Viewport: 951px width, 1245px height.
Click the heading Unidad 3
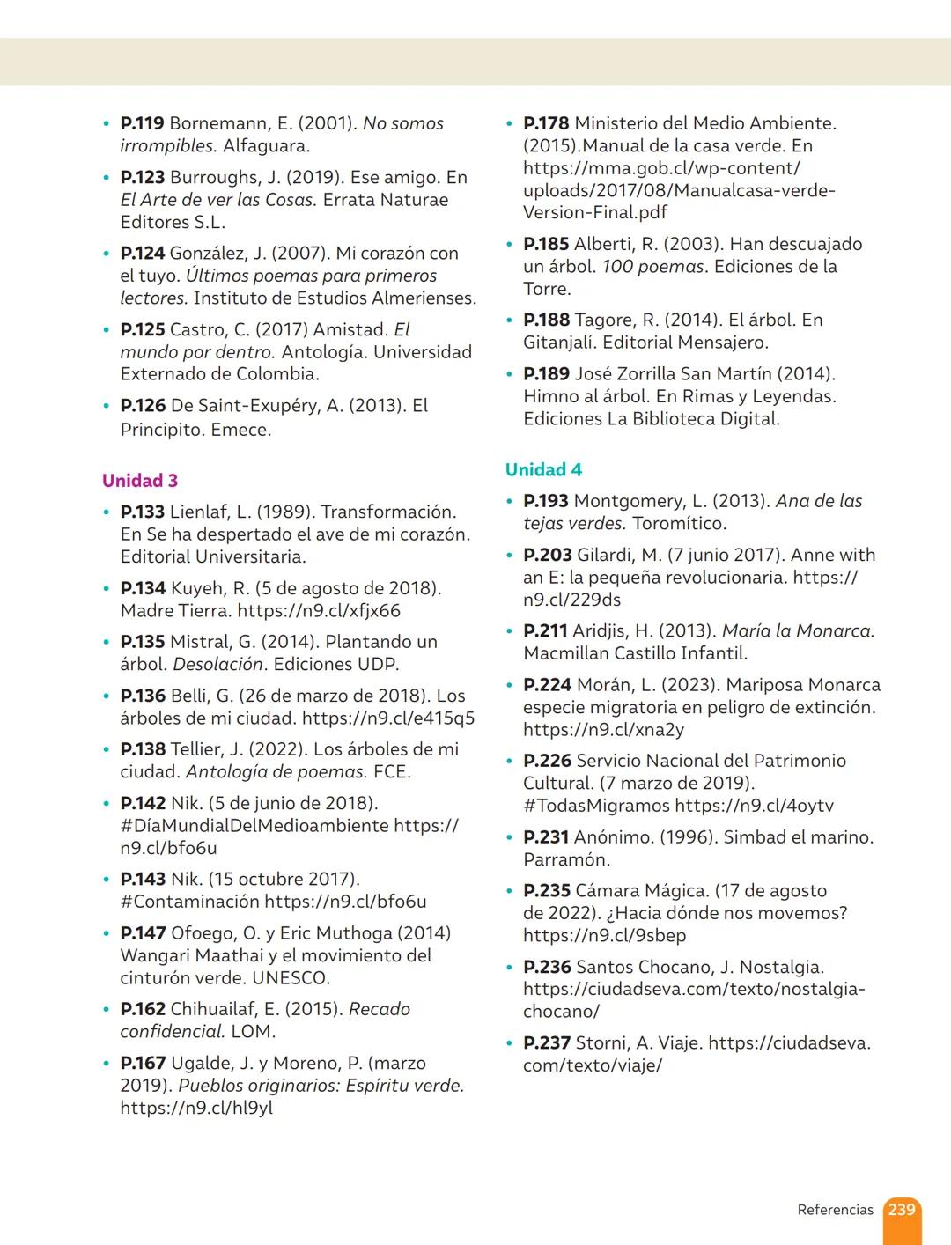(x=140, y=481)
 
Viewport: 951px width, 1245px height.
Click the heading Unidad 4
(x=543, y=470)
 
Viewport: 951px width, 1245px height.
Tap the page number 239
(x=901, y=1210)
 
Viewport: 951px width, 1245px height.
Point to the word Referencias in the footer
(x=835, y=1210)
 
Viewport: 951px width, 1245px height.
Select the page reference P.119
(x=142, y=124)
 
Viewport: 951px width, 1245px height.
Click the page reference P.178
(x=546, y=124)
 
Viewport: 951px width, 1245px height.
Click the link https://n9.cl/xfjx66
(x=319, y=611)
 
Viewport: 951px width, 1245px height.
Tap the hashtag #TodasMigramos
(x=596, y=806)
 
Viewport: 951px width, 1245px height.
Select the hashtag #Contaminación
(x=189, y=902)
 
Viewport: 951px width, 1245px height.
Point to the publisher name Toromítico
(x=679, y=524)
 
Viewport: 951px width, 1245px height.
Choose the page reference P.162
(x=143, y=1009)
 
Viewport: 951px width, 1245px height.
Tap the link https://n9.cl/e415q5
(x=387, y=718)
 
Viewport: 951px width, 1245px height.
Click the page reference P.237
(x=546, y=1043)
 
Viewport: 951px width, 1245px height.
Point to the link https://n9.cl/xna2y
(x=603, y=730)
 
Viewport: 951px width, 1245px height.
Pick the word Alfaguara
(x=266, y=146)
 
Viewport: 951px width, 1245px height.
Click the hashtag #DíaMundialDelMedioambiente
(x=254, y=826)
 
